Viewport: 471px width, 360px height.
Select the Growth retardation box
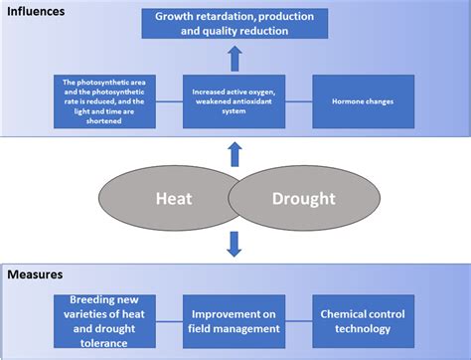pos(235,23)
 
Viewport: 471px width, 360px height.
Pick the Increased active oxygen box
pos(235,99)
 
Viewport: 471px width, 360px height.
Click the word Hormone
pos(338,99)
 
